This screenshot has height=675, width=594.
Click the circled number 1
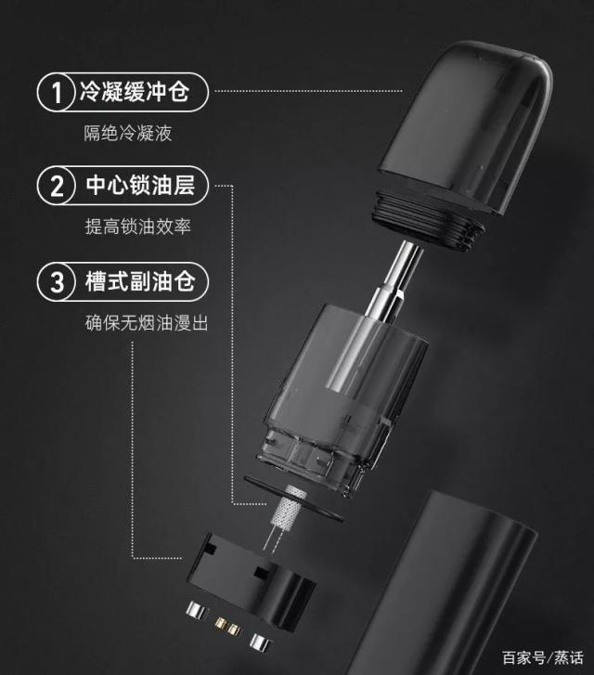pos(57,92)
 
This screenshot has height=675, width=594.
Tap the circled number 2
pos(57,186)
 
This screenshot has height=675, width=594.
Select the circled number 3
pos(57,281)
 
